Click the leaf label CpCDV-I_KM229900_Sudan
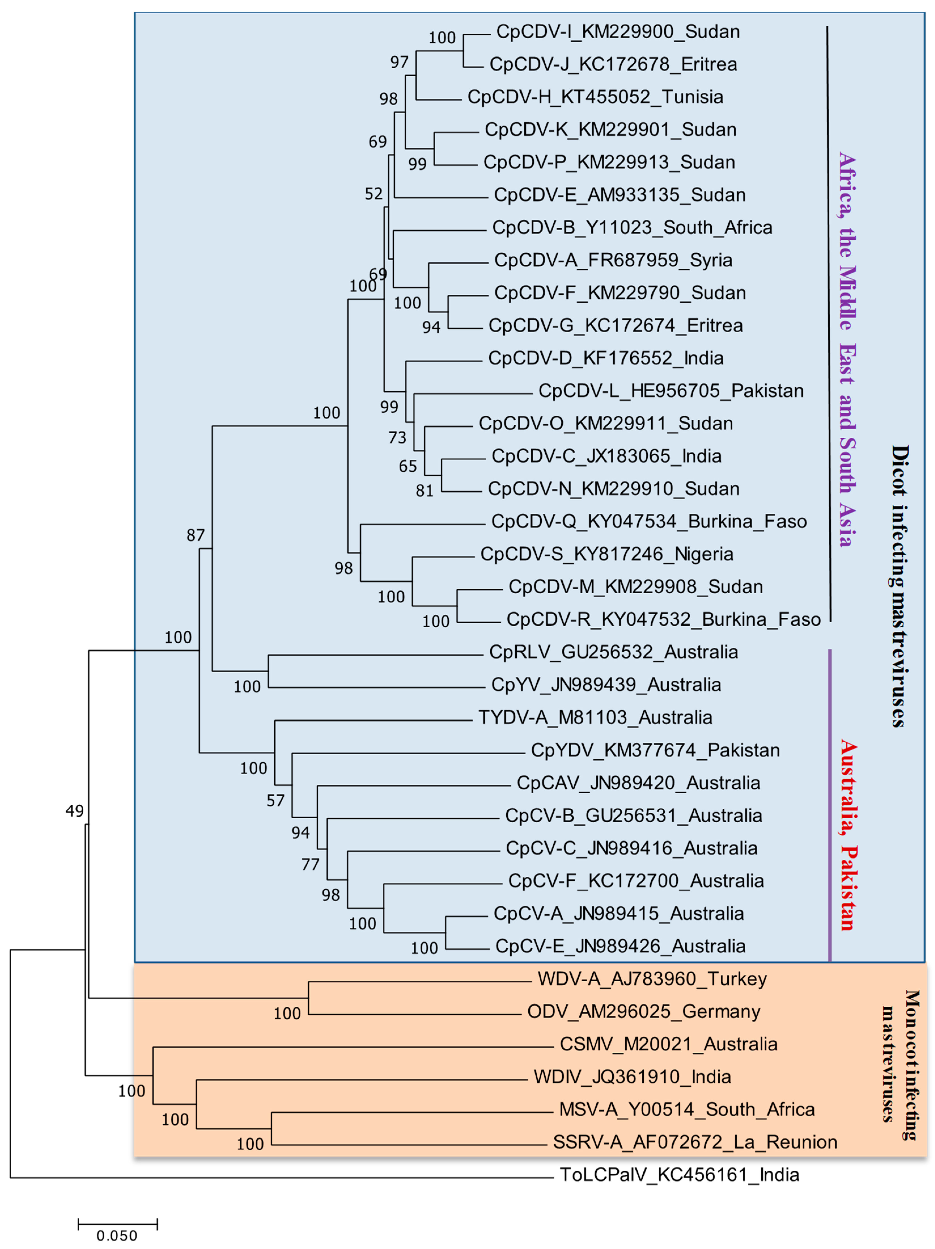click(618, 32)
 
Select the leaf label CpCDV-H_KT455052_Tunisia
click(595, 97)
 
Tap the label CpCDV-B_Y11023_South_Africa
click(632, 228)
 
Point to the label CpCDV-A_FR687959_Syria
click(613, 260)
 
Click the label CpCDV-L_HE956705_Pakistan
click(671, 391)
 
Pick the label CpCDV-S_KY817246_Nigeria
click(606, 554)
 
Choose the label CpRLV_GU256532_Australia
click(613, 652)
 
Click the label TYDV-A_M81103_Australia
click(595, 718)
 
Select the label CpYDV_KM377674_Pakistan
click(655, 750)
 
